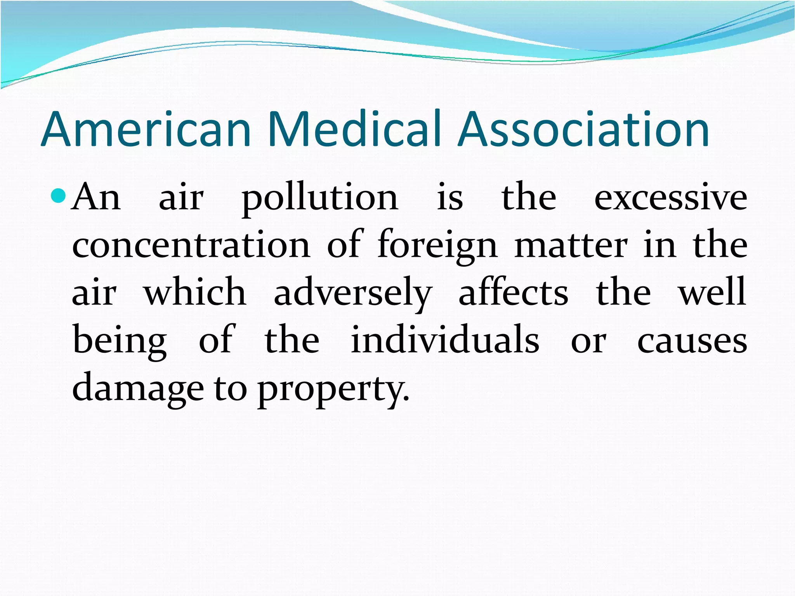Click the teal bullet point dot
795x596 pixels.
59,196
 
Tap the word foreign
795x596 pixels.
437,246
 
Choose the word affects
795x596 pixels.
513,292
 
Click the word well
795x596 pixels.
712,292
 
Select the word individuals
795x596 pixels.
445,340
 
